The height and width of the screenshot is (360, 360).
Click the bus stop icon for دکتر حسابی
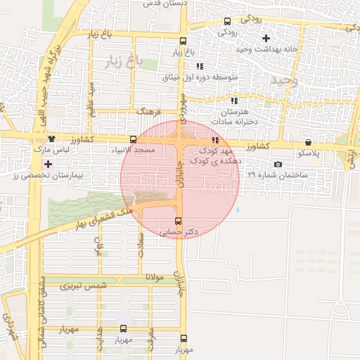(x=178, y=220)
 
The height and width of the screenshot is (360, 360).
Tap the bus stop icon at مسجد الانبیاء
(x=133, y=139)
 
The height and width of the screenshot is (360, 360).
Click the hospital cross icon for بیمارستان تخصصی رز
(x=48, y=164)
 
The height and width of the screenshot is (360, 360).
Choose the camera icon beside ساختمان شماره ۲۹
(x=278, y=165)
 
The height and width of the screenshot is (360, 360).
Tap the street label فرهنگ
(x=150, y=112)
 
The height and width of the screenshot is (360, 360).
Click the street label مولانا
(x=155, y=278)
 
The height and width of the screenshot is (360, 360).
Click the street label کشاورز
(x=259, y=146)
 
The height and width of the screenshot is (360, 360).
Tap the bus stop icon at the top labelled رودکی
(x=227, y=21)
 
